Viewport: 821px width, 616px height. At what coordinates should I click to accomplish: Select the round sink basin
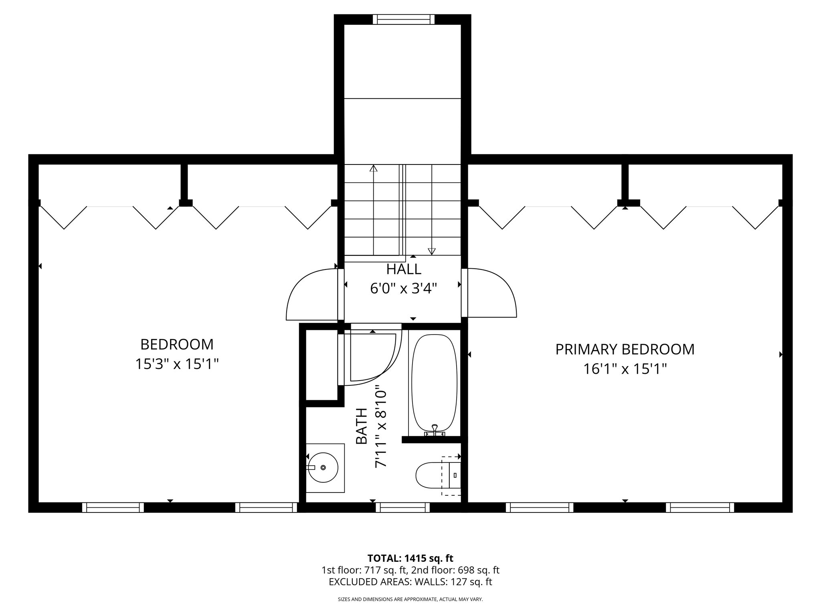point(323,468)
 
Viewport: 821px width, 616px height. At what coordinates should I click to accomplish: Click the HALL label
point(403,269)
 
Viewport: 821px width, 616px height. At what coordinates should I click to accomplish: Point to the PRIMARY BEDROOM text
point(625,349)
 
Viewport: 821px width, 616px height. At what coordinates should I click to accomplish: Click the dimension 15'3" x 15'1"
point(177,364)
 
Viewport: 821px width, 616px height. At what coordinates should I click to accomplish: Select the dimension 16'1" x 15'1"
point(625,369)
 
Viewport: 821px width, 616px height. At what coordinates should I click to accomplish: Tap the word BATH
point(362,426)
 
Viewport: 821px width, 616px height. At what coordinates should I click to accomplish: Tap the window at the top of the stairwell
point(404,19)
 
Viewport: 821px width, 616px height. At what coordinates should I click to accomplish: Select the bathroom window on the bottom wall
point(402,507)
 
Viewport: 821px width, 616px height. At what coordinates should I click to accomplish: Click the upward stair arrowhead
point(374,168)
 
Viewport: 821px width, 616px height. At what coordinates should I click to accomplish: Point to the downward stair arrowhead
point(432,251)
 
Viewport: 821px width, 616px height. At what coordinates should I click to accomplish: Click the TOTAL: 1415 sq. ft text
point(410,558)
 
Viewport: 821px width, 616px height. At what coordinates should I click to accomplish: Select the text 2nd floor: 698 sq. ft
point(455,570)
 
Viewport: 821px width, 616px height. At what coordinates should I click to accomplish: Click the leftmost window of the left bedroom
point(113,507)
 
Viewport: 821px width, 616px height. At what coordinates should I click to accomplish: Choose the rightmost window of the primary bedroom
point(700,507)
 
